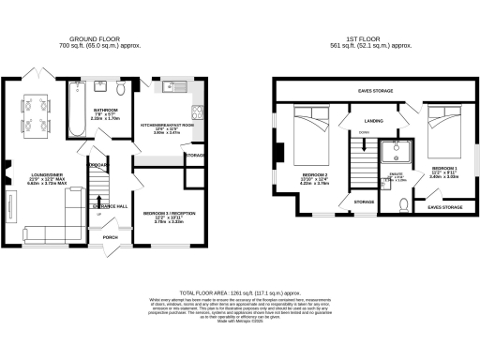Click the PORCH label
(x=113, y=249)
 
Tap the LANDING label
(x=373, y=122)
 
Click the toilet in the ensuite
(x=402, y=203)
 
